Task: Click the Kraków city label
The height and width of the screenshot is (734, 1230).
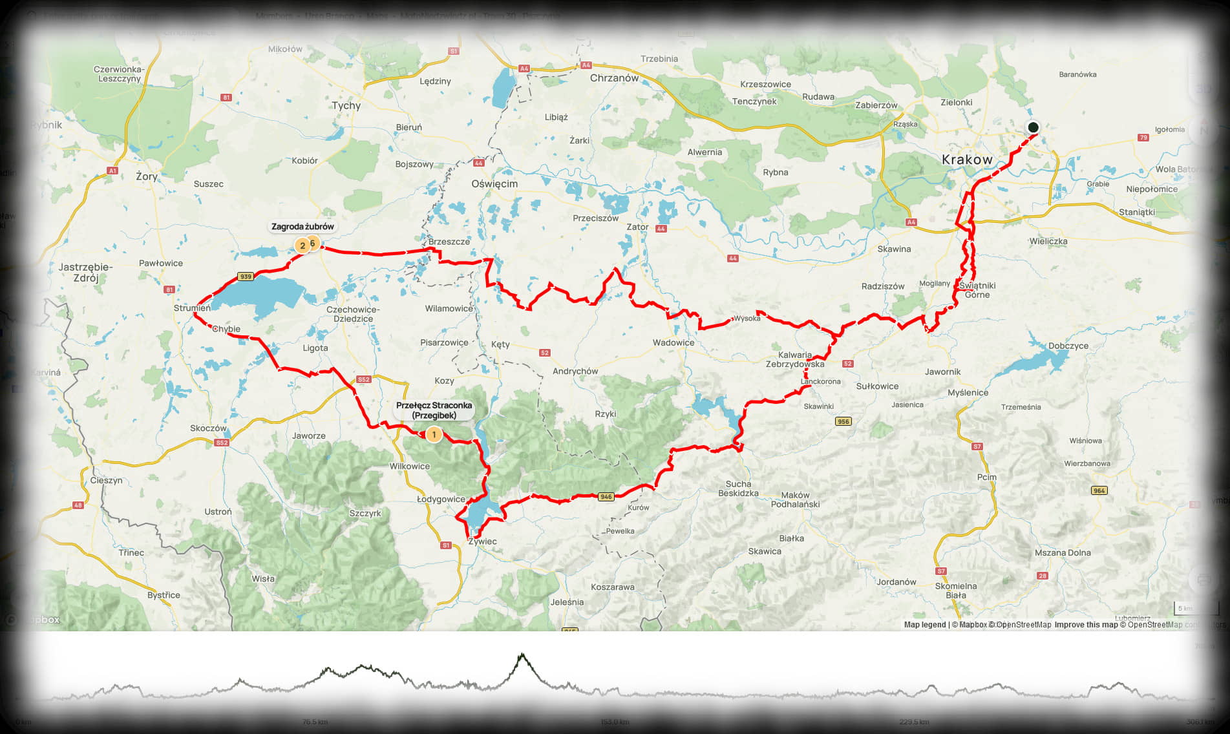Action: click(966, 160)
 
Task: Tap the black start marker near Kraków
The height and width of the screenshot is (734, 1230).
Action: click(1033, 127)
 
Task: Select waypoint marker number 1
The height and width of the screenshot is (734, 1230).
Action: click(434, 435)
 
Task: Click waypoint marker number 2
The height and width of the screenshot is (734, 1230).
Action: click(302, 246)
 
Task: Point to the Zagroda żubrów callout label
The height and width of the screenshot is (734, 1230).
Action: click(302, 227)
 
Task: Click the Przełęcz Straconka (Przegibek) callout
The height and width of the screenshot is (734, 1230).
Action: click(434, 410)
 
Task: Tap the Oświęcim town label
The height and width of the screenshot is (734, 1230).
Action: click(494, 183)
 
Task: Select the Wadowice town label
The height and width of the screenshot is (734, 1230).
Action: click(673, 343)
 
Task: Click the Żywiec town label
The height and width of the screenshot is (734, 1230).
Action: click(482, 541)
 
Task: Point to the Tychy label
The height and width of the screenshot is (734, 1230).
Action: click(346, 105)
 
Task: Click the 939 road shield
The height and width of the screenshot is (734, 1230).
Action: click(245, 277)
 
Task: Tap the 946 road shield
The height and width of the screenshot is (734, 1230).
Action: click(606, 497)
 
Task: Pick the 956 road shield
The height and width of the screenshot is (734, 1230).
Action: click(843, 421)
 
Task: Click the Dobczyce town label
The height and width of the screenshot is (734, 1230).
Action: click(1068, 346)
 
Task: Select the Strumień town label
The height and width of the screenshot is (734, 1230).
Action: click(192, 308)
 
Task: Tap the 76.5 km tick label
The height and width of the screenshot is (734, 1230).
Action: click(315, 722)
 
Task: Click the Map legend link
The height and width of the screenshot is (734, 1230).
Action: click(924, 625)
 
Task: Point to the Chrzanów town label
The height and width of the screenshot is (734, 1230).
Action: click(614, 78)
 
